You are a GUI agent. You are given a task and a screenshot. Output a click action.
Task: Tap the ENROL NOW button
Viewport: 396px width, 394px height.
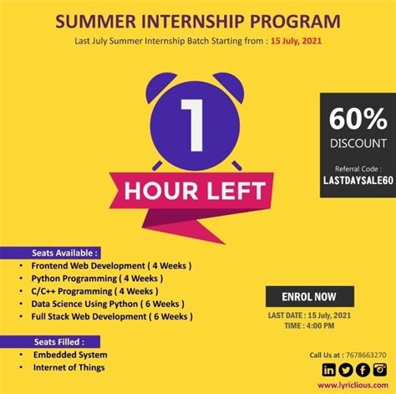[x=310, y=297]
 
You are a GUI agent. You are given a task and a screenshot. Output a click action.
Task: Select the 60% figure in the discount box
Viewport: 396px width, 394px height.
[x=358, y=117]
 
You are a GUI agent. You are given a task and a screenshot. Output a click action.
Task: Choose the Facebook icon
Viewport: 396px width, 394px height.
[x=362, y=370]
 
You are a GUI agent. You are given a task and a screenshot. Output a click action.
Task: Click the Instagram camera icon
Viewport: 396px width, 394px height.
[x=379, y=370]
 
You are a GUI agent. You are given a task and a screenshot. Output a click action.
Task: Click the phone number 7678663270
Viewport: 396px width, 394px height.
[x=366, y=355]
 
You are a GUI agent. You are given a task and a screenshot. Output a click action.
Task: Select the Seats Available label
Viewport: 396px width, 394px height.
[x=65, y=251]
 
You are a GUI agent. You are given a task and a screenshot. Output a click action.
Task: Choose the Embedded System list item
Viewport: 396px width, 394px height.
[x=69, y=355]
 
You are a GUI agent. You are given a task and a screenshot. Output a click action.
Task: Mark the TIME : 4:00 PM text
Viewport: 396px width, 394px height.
[x=310, y=326]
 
